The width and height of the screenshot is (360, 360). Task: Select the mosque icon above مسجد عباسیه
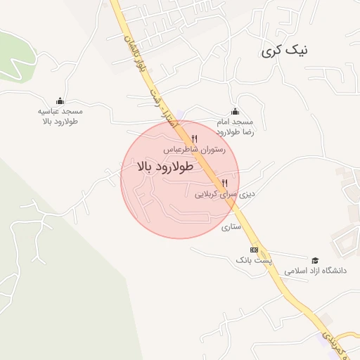60,101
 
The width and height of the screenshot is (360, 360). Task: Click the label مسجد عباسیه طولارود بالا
60,116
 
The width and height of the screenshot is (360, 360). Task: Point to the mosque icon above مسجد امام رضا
235,111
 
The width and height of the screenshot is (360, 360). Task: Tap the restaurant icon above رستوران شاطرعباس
195,139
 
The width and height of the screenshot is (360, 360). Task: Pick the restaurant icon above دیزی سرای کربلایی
225,182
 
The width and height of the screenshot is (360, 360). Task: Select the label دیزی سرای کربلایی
224,193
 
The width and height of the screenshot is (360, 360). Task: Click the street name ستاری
231,227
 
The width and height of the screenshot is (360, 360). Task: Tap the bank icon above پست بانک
254,250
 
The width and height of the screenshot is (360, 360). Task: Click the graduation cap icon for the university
314,260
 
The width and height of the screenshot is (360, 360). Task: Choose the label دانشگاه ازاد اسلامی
313,271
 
